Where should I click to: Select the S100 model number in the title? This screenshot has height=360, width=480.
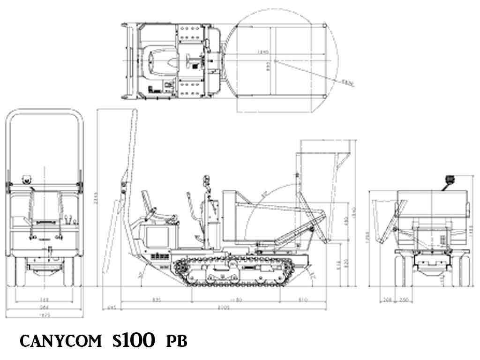(133, 340)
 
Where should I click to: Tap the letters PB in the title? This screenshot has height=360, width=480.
(177, 341)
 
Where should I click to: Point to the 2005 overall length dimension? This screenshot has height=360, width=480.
(223, 307)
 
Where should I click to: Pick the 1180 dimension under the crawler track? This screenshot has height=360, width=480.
(235, 300)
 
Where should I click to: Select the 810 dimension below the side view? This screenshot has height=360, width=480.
(303, 300)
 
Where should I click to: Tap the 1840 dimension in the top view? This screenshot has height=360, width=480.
(262, 52)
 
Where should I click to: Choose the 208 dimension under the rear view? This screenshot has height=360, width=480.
(387, 300)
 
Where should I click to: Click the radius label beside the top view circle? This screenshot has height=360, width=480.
(347, 84)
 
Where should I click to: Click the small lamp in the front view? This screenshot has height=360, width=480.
(27, 179)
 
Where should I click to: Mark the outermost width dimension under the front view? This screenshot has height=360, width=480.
(44, 315)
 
